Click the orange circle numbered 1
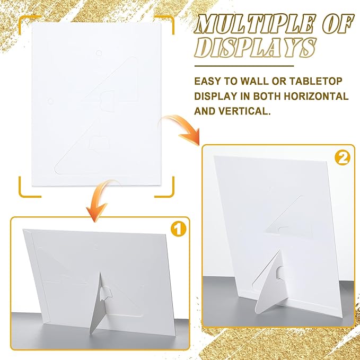pos(178,229)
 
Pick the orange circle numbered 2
pos(343,157)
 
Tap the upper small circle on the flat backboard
pos(98,53)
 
